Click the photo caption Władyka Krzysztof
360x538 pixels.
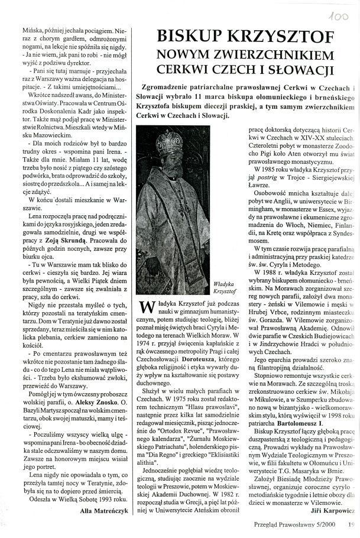pyautogui.click(x=225, y=288)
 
